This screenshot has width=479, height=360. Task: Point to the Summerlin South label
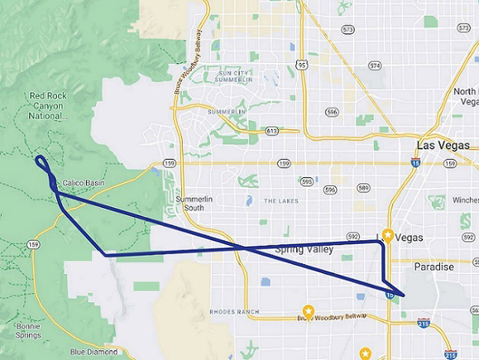[x=192, y=204]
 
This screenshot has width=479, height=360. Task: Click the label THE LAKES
[x=280, y=200]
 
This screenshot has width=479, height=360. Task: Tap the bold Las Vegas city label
[x=442, y=145]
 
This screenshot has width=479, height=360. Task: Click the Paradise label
[x=434, y=267]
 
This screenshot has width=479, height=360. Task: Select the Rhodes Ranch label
[x=234, y=312]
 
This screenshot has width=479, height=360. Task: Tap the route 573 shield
[x=349, y=29]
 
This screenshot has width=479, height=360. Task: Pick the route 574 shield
[x=375, y=66]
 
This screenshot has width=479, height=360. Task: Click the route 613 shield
[x=272, y=131]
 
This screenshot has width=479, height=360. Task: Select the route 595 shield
[x=307, y=182]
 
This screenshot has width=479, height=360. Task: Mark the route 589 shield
[x=363, y=188]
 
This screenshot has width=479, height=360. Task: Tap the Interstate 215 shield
[x=451, y=355]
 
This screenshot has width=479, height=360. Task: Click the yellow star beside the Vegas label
[x=388, y=236]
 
